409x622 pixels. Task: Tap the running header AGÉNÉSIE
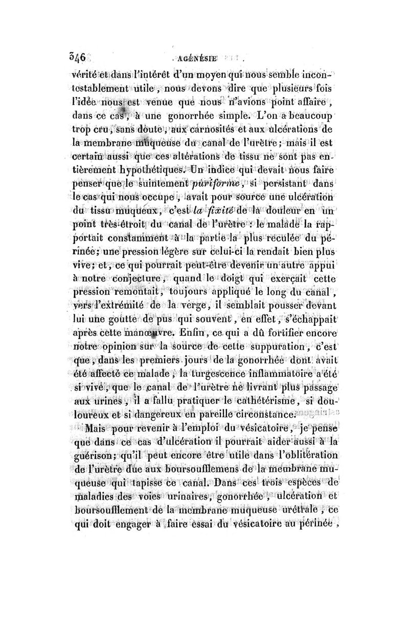(196, 58)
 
